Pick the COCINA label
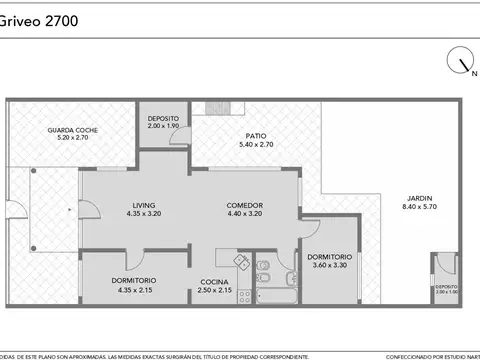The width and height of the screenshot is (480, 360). [214, 282]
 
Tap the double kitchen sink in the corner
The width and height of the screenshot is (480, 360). [241, 261]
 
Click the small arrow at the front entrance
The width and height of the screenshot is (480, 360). [68, 211]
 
